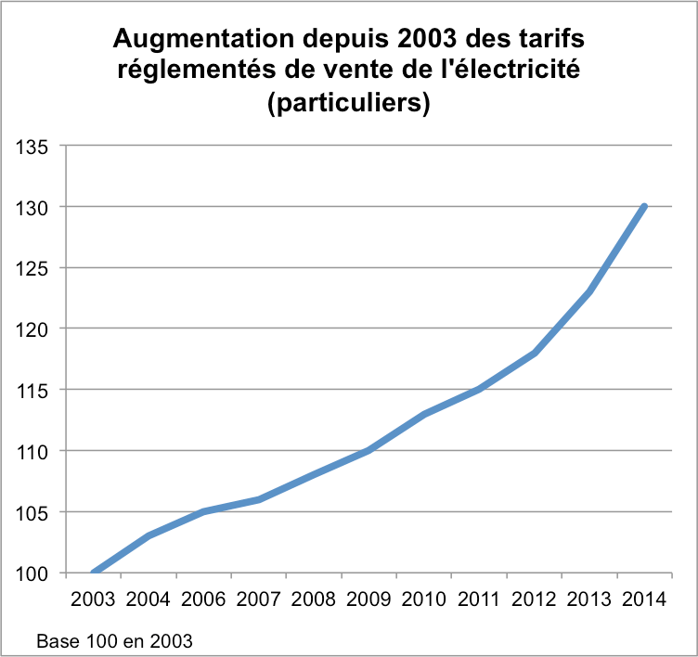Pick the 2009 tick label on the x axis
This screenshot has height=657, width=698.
[369, 598]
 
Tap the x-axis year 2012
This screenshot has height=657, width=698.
[535, 598]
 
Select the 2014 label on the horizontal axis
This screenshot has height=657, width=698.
[645, 598]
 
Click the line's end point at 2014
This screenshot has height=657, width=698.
[644, 206]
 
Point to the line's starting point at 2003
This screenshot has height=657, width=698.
[94, 573]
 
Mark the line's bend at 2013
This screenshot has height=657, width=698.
[589, 291]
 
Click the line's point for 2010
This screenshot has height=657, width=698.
[424, 414]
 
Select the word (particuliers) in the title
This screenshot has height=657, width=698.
[348, 105]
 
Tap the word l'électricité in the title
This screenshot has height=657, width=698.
[511, 71]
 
